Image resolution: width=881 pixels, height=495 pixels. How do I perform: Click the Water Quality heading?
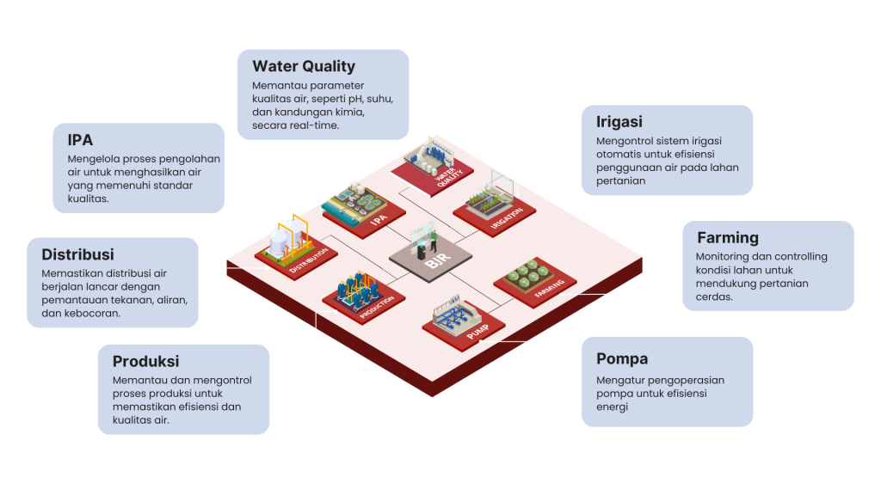coord(304,66)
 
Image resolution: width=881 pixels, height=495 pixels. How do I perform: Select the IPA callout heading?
coord(80,139)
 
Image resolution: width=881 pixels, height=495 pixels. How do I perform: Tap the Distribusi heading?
coord(78,254)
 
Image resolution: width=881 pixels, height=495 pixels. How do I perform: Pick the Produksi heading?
coord(146,361)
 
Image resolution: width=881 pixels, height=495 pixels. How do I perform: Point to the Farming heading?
coord(727,237)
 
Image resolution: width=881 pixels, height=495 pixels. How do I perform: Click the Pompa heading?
coord(622,358)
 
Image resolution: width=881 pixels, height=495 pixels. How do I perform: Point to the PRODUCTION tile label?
coord(377,306)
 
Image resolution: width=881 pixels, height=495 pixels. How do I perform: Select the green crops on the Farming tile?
coord(527,272)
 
